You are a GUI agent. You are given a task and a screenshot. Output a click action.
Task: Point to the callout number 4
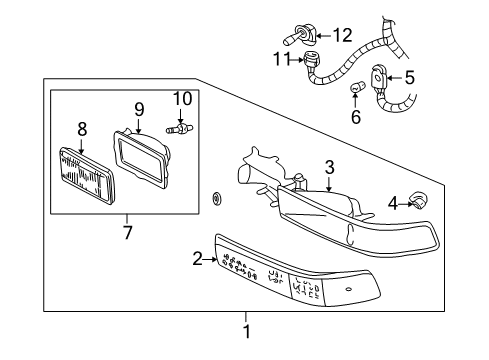(x=393, y=203)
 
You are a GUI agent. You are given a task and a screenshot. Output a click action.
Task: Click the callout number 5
(x=408, y=76)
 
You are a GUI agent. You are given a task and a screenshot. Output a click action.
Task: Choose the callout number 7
(x=126, y=235)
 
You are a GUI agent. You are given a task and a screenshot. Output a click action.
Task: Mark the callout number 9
(x=139, y=107)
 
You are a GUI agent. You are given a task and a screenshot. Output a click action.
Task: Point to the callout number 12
(x=342, y=36)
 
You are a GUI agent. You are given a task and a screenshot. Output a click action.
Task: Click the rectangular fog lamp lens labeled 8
(x=87, y=174)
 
